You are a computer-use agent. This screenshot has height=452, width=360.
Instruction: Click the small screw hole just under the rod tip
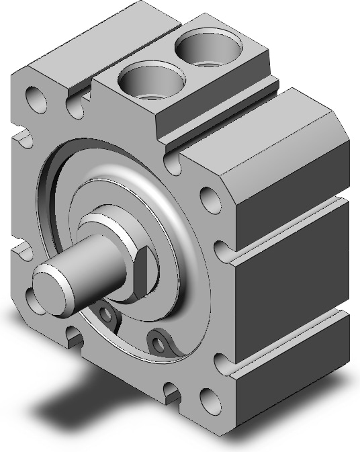(x=104, y=313)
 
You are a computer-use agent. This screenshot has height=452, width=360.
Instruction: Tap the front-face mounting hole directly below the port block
(x=209, y=198)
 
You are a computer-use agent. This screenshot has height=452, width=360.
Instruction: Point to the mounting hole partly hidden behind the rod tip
(x=35, y=296)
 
